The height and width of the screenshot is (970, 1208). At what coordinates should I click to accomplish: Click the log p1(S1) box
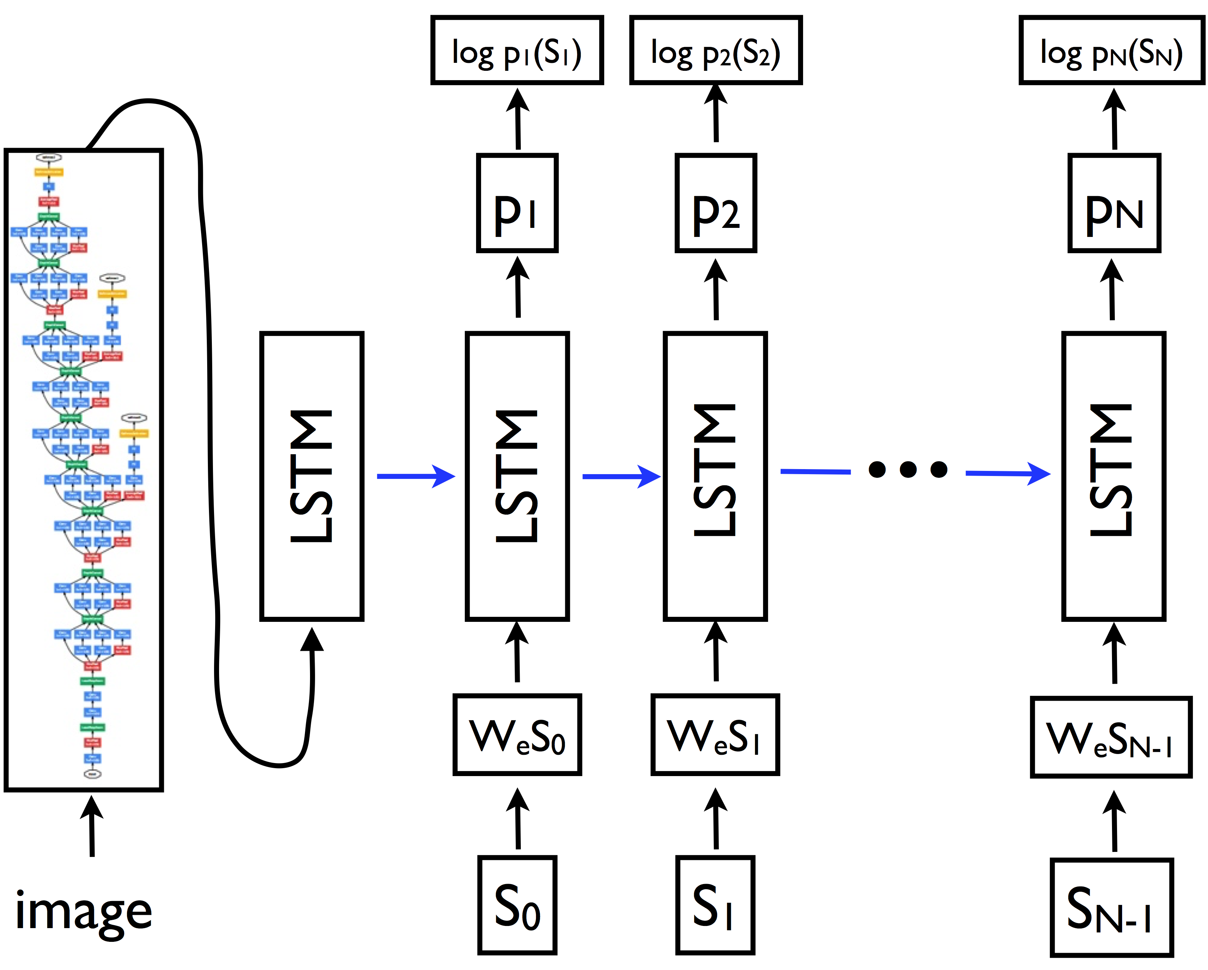(x=516, y=51)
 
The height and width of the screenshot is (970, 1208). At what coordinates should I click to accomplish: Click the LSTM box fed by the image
(x=311, y=477)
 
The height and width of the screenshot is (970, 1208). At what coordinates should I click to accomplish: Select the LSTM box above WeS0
(x=516, y=477)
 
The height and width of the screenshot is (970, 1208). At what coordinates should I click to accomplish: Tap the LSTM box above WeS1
(x=715, y=477)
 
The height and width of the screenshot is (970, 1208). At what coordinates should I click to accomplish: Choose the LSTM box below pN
(x=1113, y=477)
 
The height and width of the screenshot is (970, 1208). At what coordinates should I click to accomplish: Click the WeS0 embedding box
(x=516, y=735)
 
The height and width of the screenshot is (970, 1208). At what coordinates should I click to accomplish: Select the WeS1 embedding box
(x=715, y=735)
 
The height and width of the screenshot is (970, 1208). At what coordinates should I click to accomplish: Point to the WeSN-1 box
(x=1111, y=737)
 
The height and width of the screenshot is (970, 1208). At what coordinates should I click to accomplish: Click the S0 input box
(x=516, y=905)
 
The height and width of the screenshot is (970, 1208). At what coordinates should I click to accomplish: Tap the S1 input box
(x=715, y=905)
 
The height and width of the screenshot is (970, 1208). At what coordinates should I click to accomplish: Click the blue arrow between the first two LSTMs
(x=415, y=477)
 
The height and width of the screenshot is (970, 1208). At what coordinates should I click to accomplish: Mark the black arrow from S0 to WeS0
(x=518, y=820)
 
